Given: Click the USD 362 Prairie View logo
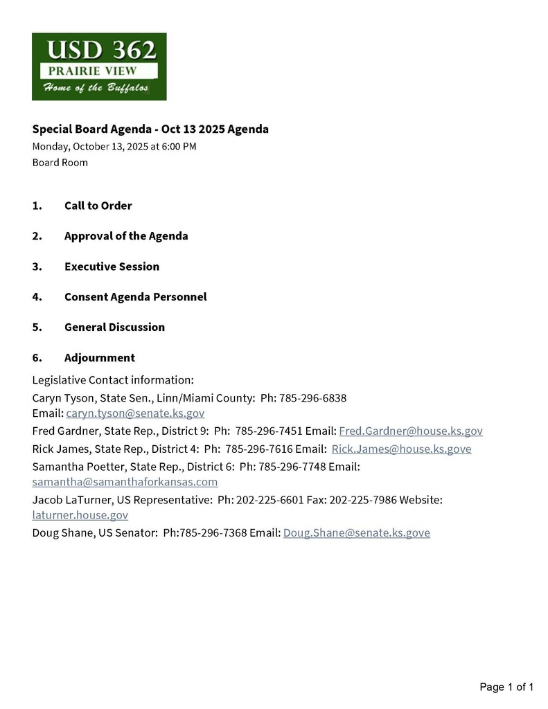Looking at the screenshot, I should click(99, 66).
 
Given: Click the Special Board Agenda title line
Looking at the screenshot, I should click(150, 129).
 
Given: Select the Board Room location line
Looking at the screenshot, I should click(60, 163).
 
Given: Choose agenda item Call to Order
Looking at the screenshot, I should click(98, 206).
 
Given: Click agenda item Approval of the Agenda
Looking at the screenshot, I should click(126, 236).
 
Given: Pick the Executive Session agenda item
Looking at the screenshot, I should click(112, 267).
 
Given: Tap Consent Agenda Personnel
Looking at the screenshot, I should click(135, 297).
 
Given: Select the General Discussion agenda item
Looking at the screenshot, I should click(114, 327).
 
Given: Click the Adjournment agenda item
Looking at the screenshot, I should click(99, 358).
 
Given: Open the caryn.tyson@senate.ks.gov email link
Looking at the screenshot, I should click(135, 413).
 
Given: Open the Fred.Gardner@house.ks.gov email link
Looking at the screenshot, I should click(410, 431).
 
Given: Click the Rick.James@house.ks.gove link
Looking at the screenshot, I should click(401, 449).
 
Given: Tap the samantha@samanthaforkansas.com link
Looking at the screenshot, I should click(125, 481).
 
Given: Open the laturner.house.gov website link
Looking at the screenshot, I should click(80, 515).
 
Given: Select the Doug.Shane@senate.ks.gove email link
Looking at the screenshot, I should click(356, 533).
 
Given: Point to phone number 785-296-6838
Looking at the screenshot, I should click(312, 398).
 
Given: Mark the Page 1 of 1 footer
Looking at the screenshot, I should click(506, 687).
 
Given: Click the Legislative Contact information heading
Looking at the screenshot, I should click(113, 380).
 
